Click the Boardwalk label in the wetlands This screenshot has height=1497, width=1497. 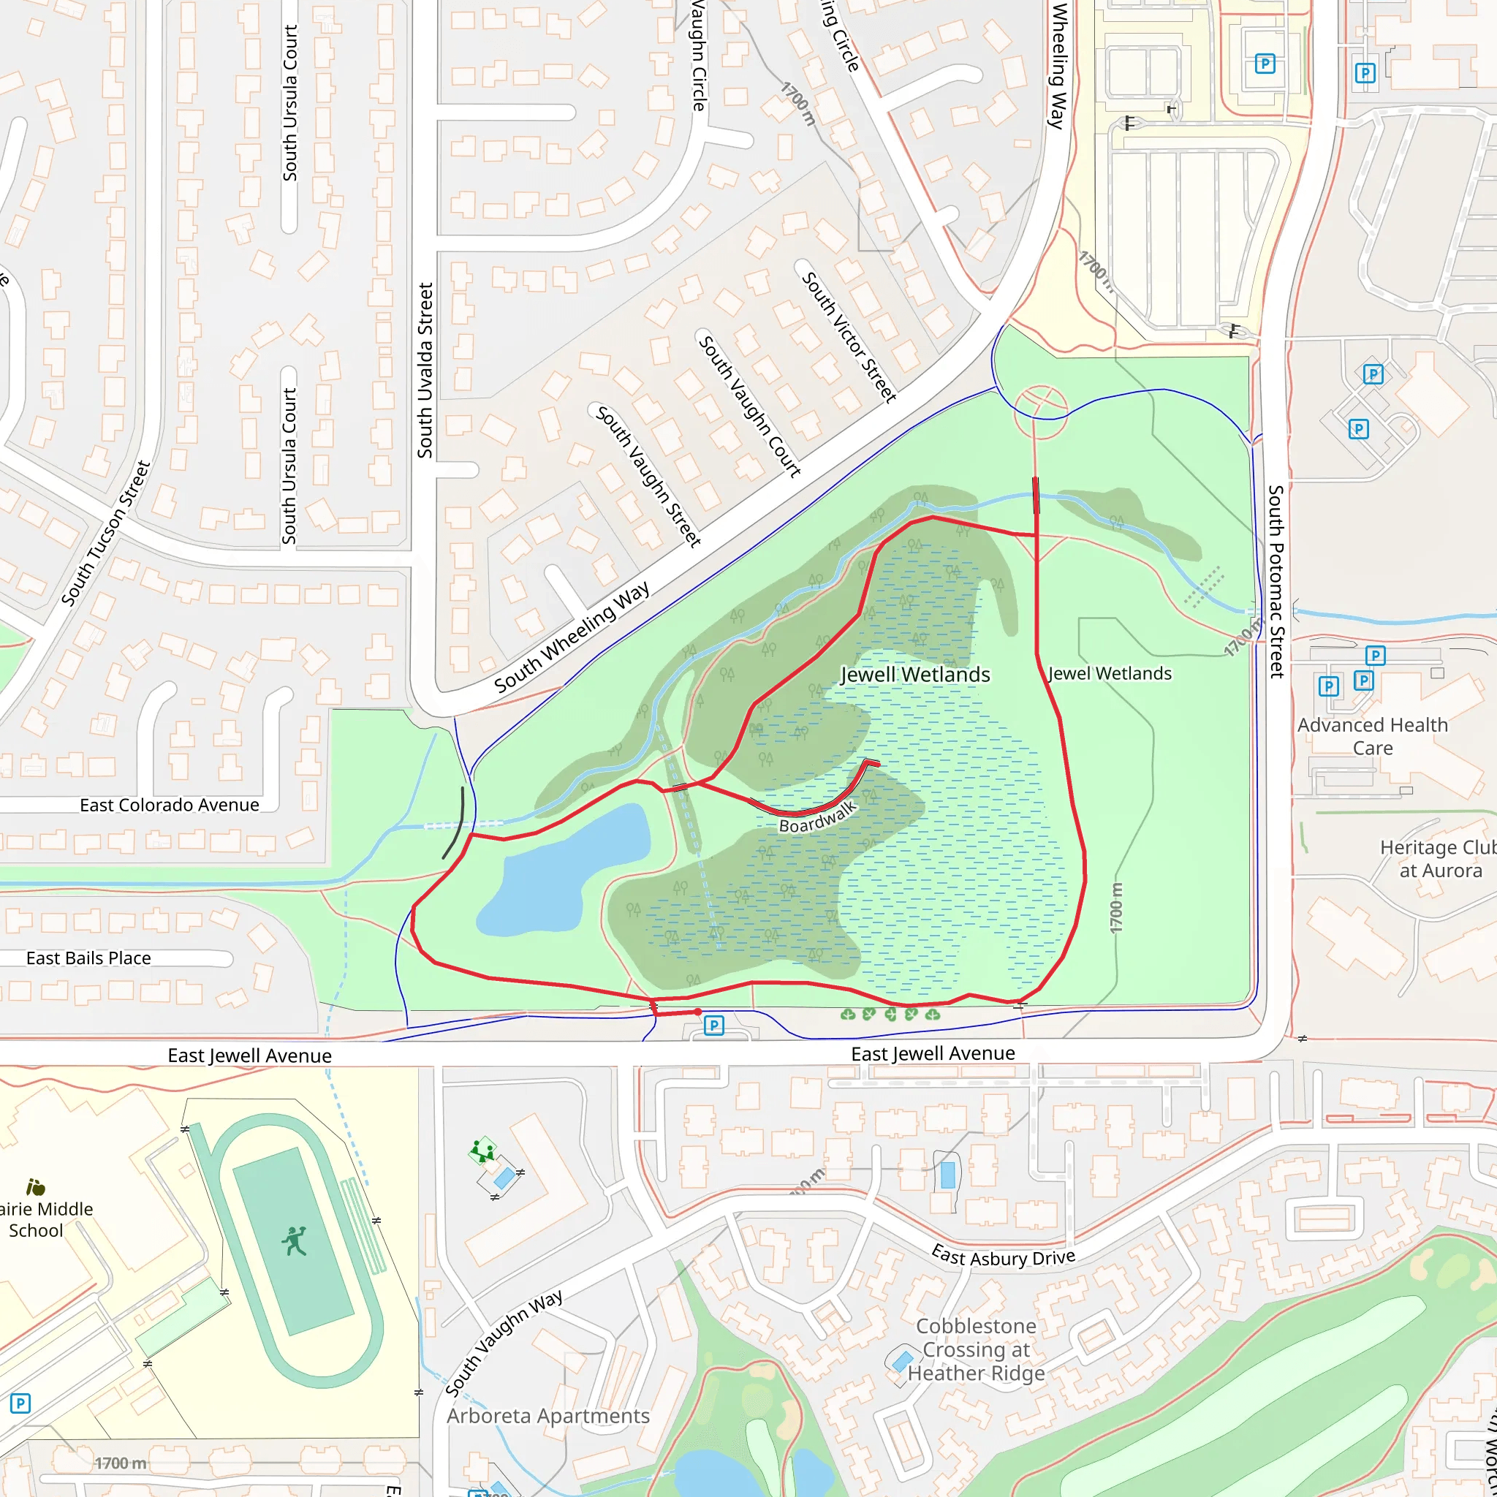(x=817, y=816)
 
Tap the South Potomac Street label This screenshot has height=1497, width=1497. (x=1276, y=581)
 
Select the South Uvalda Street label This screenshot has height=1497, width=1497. (x=425, y=371)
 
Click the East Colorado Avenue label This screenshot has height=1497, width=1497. (x=169, y=805)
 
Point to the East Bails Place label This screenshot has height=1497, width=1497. (x=88, y=958)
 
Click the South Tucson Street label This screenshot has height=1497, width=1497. (x=105, y=533)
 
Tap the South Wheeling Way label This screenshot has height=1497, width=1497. (x=572, y=637)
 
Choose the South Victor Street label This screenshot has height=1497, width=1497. (x=849, y=337)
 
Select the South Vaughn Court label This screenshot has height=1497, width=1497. (x=749, y=405)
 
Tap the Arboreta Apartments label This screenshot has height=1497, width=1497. (x=547, y=1416)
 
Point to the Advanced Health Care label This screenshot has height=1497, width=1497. (x=1372, y=736)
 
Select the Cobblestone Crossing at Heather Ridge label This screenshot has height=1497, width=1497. (x=976, y=1349)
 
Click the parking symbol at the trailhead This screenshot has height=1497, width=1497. (x=713, y=1026)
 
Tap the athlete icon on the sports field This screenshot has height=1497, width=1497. (x=295, y=1241)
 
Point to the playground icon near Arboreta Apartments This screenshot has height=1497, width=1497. (x=482, y=1151)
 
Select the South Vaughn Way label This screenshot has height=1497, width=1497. (x=504, y=1343)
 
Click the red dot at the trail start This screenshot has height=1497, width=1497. (x=698, y=1012)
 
